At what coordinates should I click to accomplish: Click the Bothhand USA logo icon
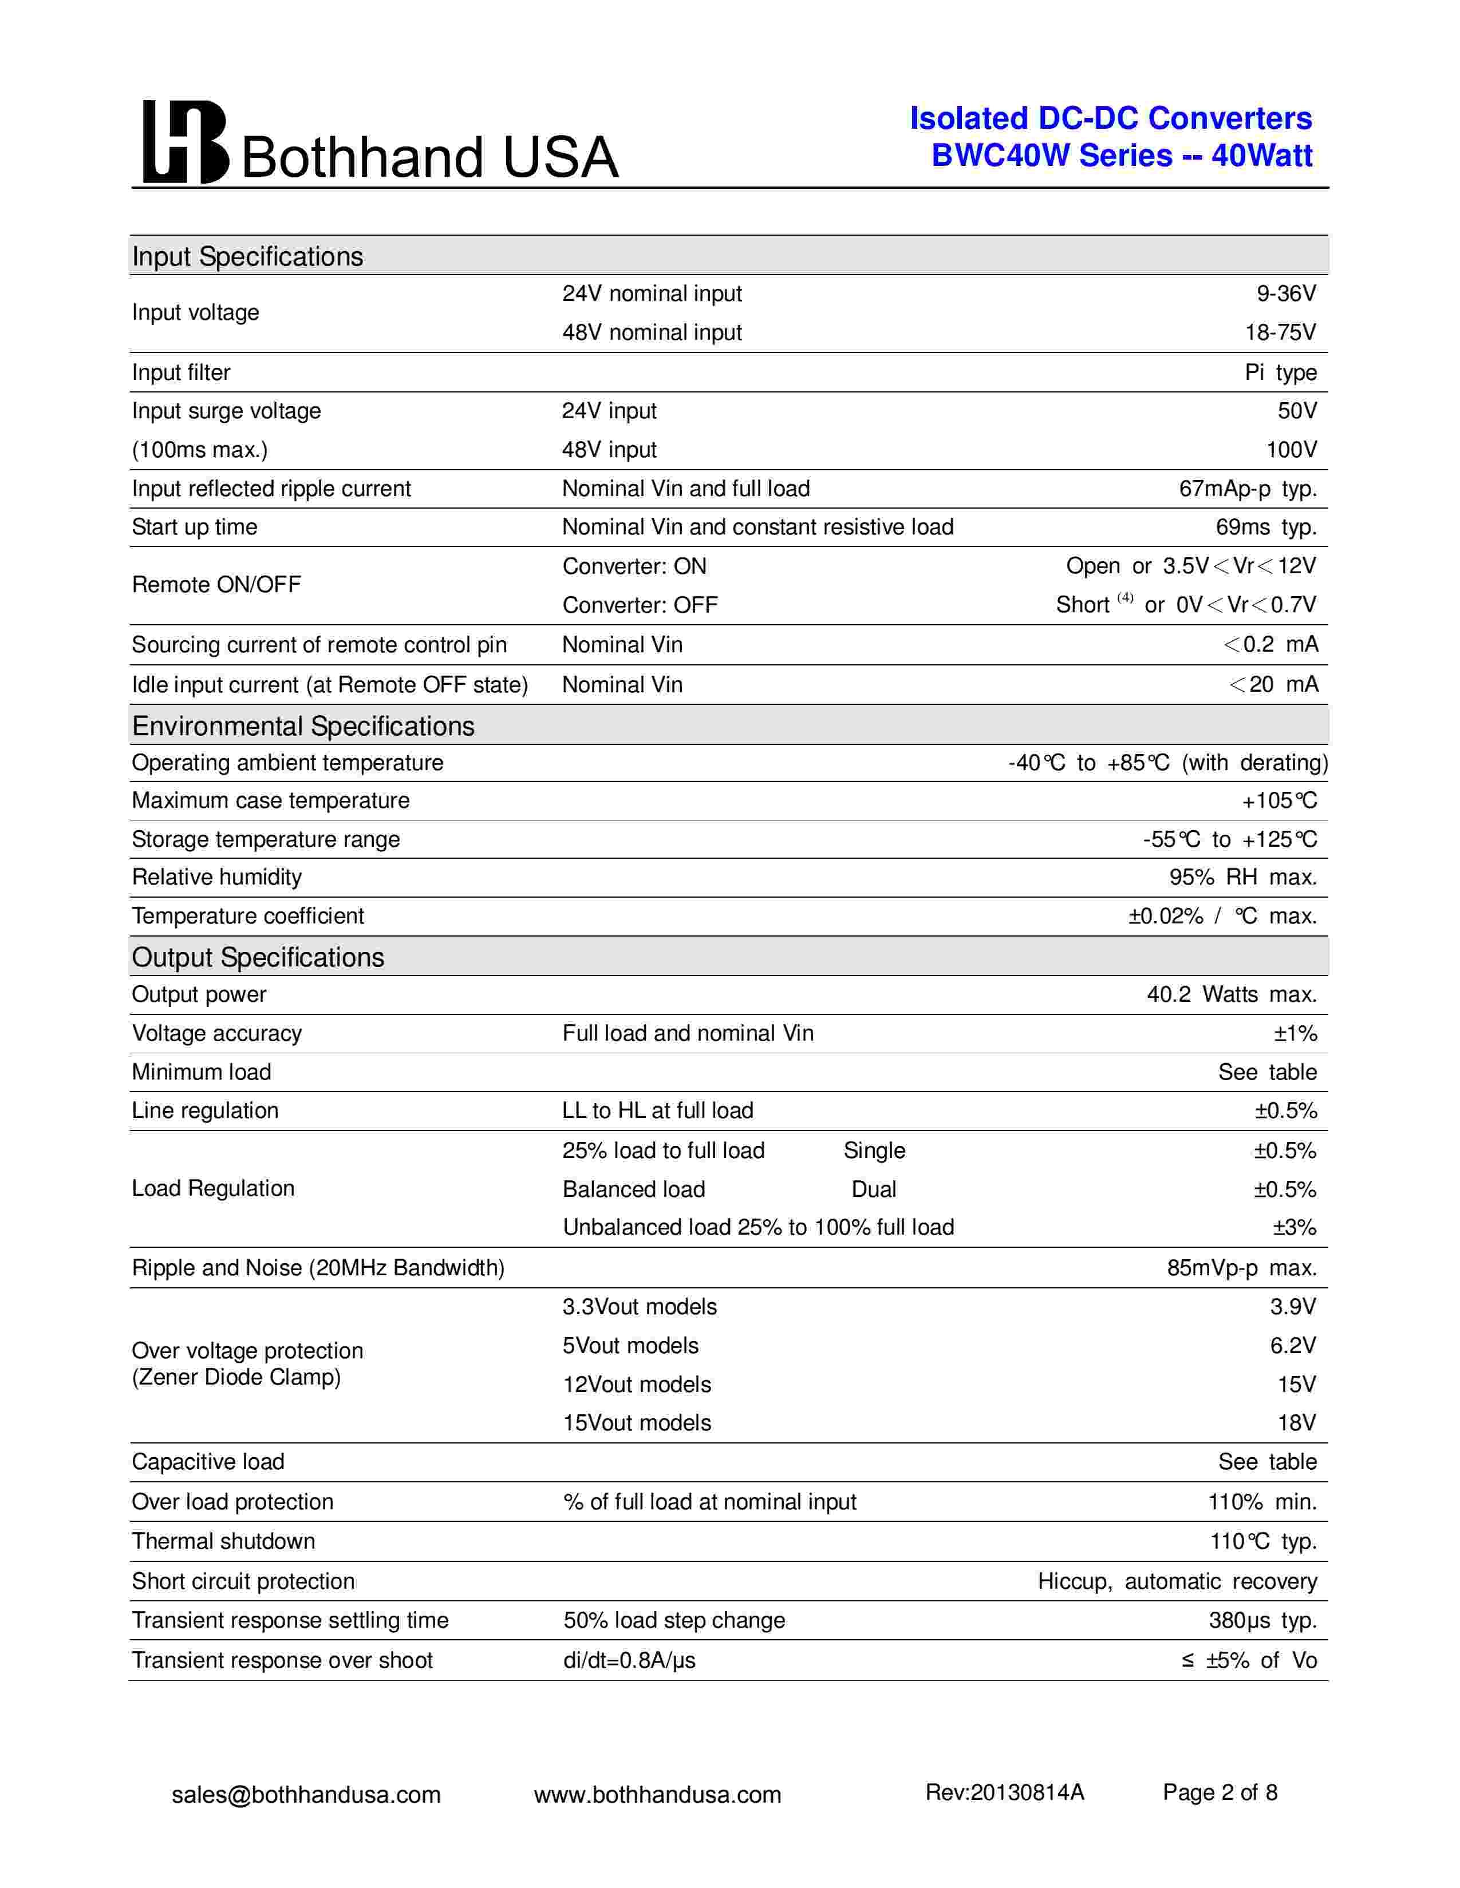[x=185, y=142]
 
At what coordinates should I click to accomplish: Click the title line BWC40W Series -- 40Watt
[x=1121, y=156]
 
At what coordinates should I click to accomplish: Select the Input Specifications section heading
[x=247, y=257]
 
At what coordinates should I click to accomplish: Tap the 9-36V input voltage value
[x=1285, y=294]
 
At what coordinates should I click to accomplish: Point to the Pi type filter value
[x=1280, y=372]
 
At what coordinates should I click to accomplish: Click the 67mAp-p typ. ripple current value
[x=1247, y=489]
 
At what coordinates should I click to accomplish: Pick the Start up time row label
[x=195, y=527]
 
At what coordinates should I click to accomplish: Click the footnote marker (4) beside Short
[x=1124, y=597]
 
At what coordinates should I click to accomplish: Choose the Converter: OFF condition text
[x=640, y=605]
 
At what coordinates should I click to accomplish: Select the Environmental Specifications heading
[x=303, y=726]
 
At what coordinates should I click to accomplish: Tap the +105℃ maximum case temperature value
[x=1279, y=802]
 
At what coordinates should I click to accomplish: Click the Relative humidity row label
[x=217, y=878]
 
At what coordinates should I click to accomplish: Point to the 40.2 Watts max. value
[x=1231, y=995]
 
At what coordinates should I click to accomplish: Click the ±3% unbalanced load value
[x=1294, y=1228]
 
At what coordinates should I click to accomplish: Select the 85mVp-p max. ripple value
[x=1241, y=1268]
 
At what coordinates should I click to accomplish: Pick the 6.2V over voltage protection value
[x=1292, y=1346]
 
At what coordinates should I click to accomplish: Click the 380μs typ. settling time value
[x=1262, y=1621]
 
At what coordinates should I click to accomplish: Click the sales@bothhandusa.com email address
[x=306, y=1795]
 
